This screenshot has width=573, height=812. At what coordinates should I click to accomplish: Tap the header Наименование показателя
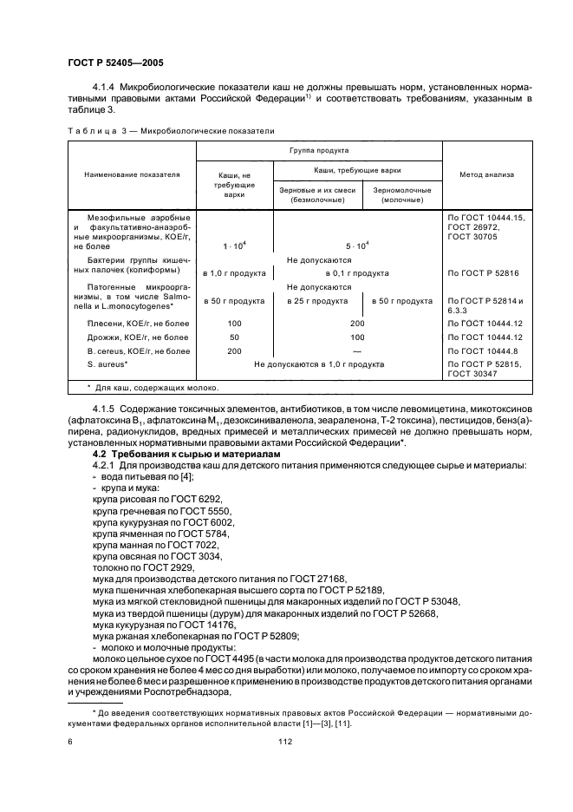[x=132, y=174]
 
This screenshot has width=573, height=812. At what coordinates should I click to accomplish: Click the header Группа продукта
[x=319, y=149]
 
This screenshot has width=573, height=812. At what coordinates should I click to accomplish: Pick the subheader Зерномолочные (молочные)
[x=401, y=194]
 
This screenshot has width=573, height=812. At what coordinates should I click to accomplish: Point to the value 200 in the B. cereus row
[x=234, y=350]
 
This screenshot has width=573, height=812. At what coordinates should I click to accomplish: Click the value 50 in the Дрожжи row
[x=234, y=337]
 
